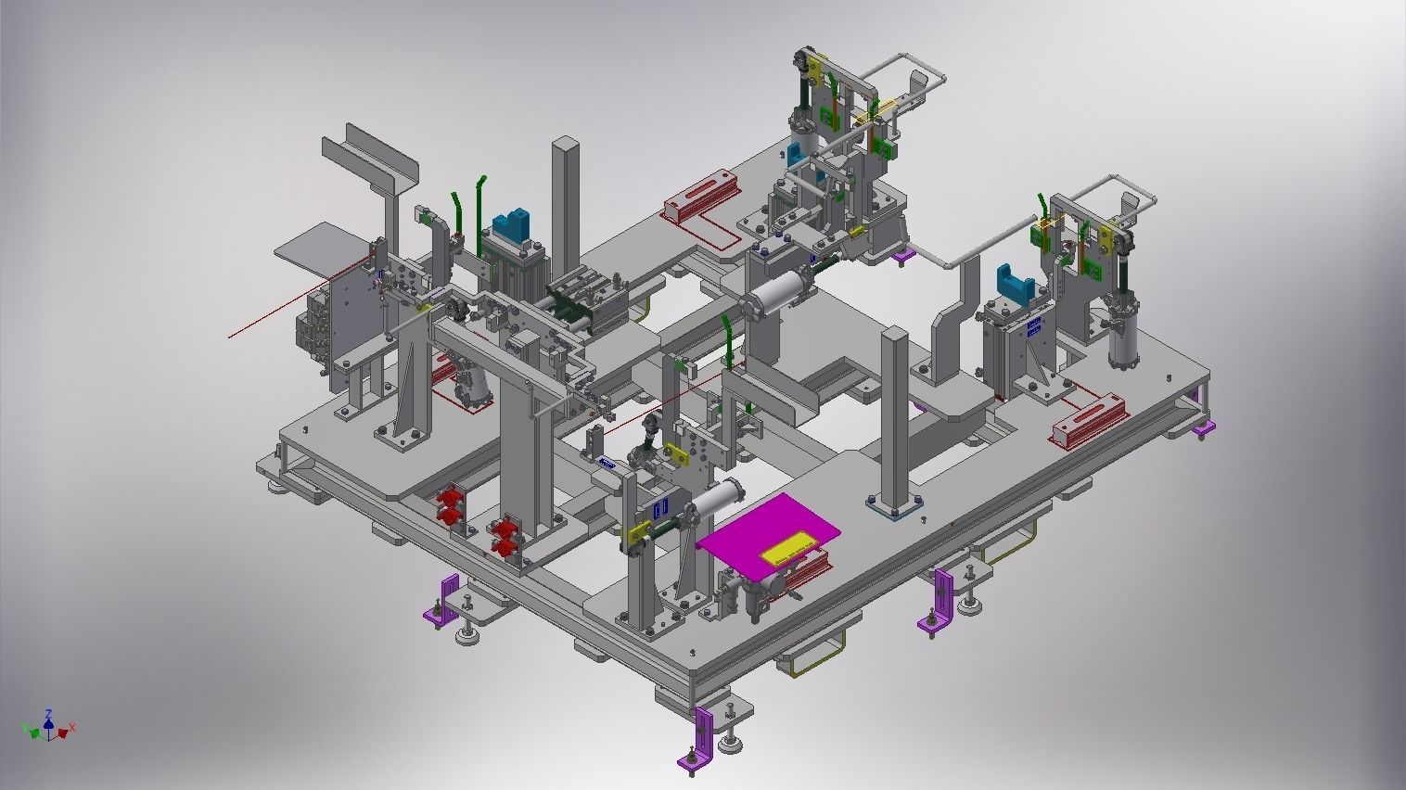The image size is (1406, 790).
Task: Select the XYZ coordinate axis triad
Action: click(x=48, y=725)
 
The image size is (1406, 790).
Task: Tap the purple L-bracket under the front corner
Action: click(x=697, y=737)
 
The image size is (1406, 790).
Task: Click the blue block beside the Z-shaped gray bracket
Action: click(x=1014, y=282)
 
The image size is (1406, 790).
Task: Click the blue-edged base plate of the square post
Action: click(x=892, y=507)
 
